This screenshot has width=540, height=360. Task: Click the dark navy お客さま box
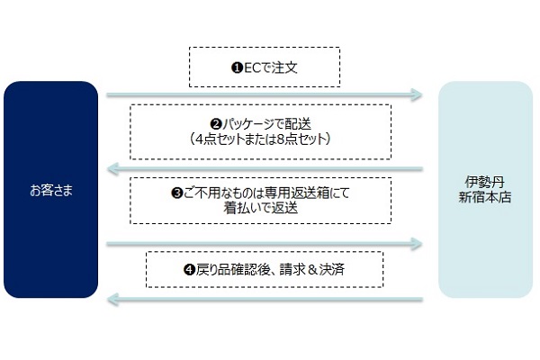[x=50, y=190]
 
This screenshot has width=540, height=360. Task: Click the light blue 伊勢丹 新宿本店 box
[x=485, y=190]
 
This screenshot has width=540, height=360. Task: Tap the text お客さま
[x=51, y=190]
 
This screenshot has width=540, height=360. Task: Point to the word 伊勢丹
[x=485, y=182]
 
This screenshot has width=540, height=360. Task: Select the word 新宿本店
[x=485, y=197]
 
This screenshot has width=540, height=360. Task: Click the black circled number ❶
[x=237, y=67]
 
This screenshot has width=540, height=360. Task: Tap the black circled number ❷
[x=216, y=124]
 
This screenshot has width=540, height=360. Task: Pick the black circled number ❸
[x=176, y=193]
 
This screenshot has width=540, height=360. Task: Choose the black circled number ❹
[x=190, y=270]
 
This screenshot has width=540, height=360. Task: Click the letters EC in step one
[x=252, y=67]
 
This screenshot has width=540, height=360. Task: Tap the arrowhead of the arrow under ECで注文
[x=417, y=94]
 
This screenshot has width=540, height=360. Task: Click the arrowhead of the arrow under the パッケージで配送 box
[x=113, y=169]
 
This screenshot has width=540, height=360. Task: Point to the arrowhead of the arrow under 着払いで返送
[x=417, y=244]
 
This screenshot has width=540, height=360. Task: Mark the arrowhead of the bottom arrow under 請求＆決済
[x=113, y=300]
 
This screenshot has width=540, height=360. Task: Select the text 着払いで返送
[x=261, y=208]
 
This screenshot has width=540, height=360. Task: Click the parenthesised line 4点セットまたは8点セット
[x=261, y=139]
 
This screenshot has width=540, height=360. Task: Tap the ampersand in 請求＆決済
[x=312, y=270]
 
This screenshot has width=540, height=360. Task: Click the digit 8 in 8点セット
[x=280, y=139]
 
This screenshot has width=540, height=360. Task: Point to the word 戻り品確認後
[x=230, y=270]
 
